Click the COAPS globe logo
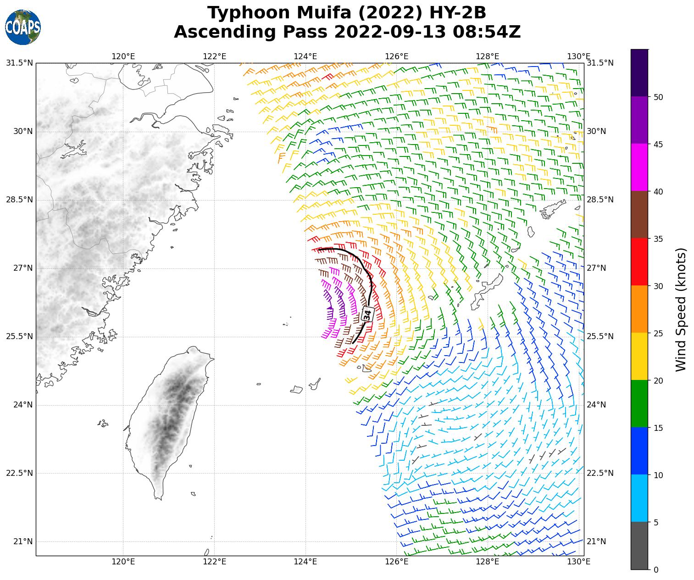[22, 27]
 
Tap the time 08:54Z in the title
[486, 32]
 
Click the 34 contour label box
[367, 315]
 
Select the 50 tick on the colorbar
[658, 97]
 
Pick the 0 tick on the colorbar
[655, 569]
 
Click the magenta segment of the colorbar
[639, 167]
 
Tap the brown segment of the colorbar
[639, 215]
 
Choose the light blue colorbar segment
[639, 498]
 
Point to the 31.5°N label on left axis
[19, 63]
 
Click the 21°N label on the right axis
[596, 541]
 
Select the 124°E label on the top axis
[305, 56]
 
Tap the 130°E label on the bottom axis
[578, 562]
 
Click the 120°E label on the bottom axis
[123, 562]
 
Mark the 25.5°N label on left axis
[19, 336]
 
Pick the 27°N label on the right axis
[596, 268]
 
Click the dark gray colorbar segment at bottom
[639, 546]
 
